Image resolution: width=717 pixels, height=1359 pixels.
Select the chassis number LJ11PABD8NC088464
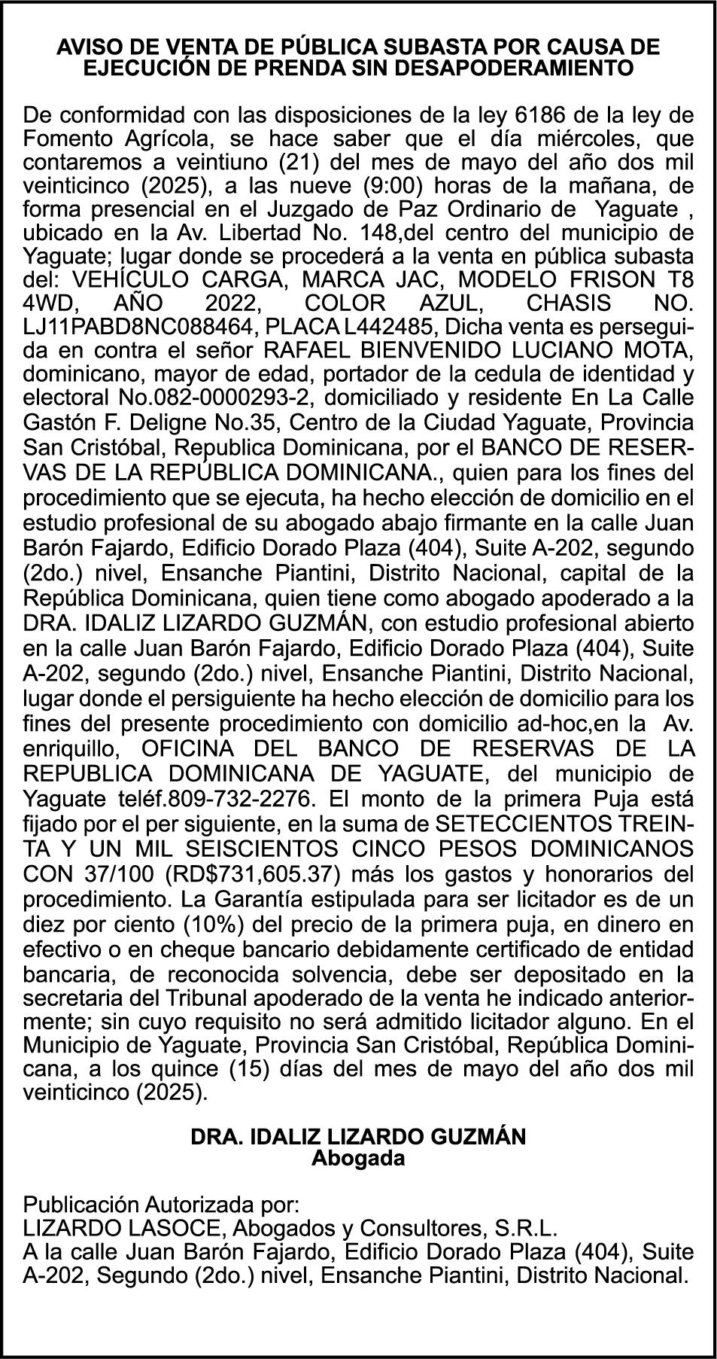pos(130,328)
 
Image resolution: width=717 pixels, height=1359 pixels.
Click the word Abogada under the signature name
pos(358,1158)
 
